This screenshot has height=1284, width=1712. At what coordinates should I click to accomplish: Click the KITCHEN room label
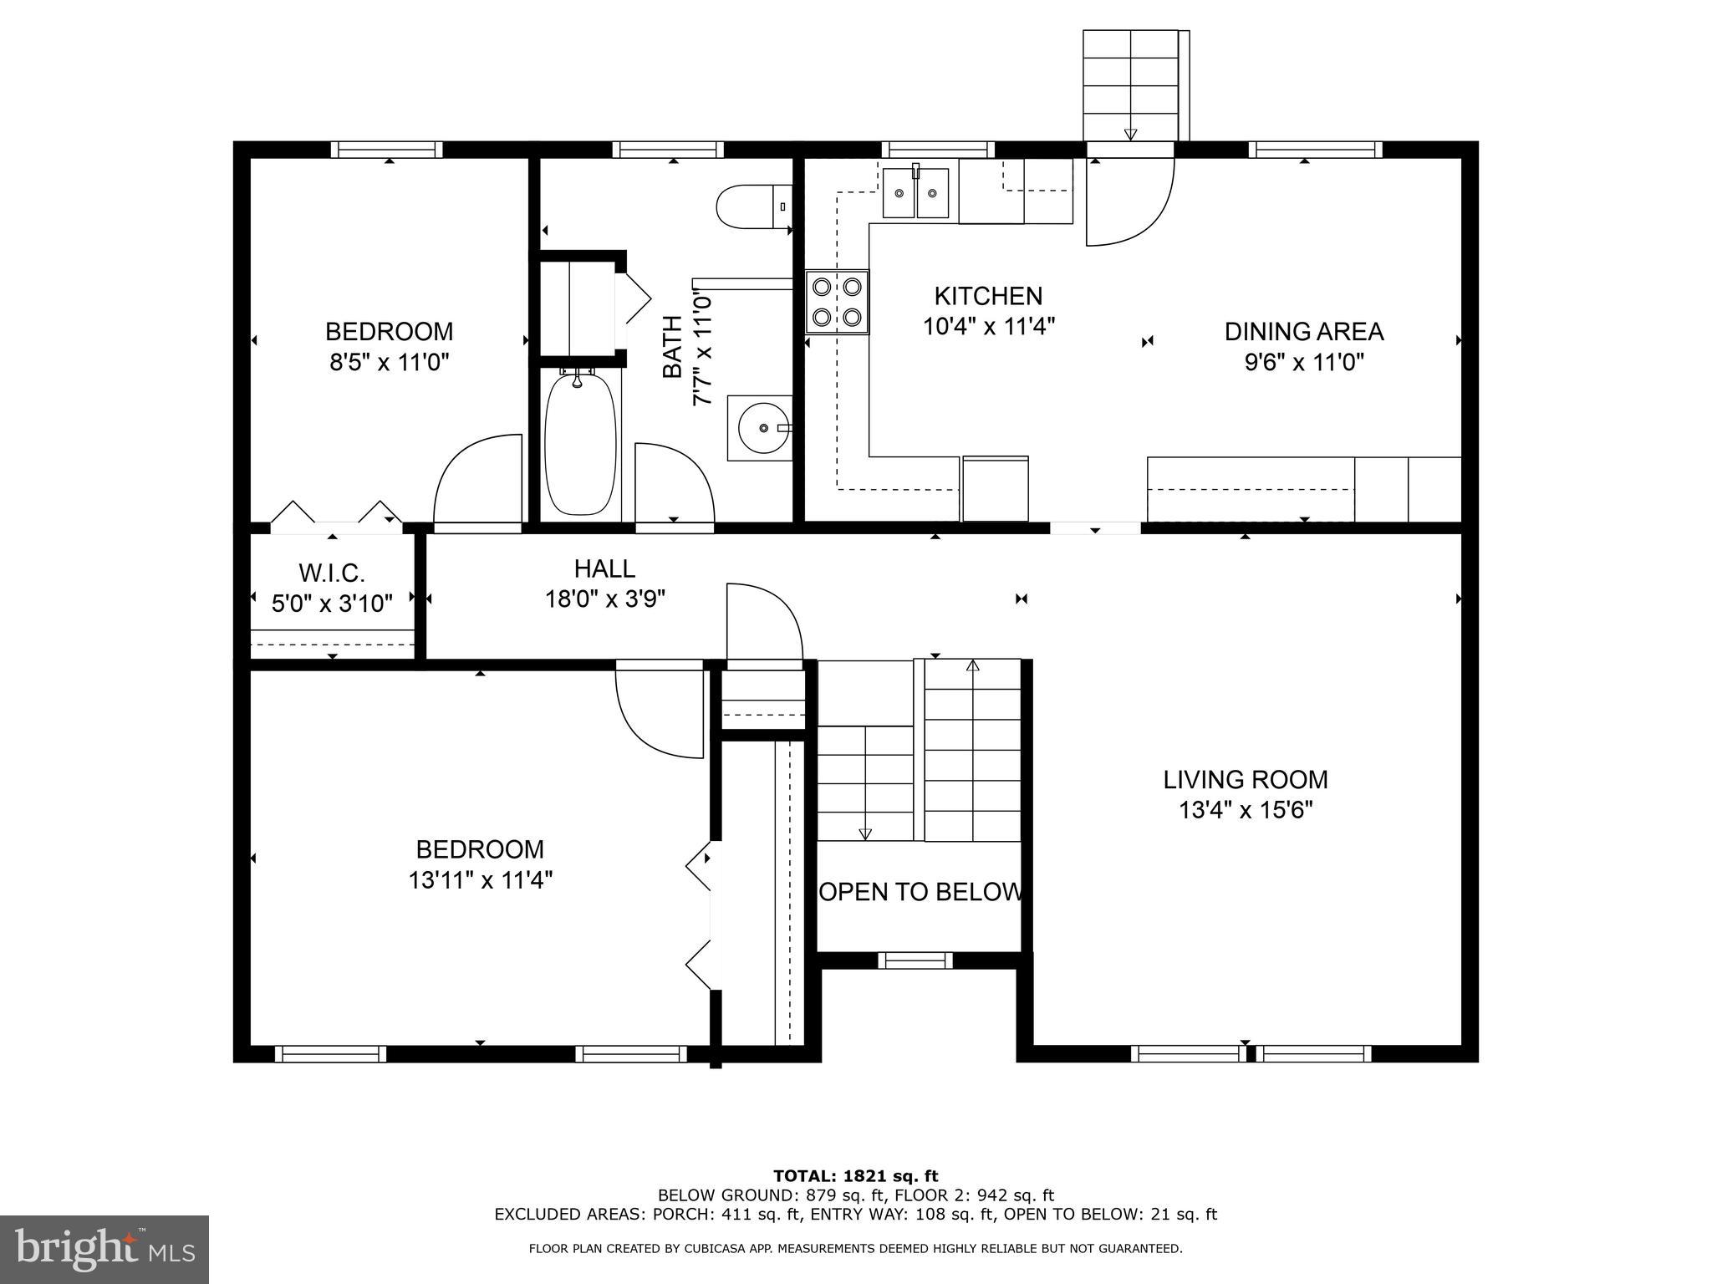(988, 296)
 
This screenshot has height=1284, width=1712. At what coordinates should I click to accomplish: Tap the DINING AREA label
(1303, 332)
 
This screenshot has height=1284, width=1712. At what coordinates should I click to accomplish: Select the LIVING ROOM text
(1245, 780)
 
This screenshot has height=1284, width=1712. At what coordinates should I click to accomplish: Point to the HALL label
(604, 569)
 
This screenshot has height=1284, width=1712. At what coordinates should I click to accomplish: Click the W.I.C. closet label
(332, 573)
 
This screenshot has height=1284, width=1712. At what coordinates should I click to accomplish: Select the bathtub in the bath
(580, 443)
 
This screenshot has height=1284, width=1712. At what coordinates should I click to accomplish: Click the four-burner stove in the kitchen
(837, 302)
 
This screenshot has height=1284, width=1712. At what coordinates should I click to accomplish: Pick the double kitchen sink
(916, 193)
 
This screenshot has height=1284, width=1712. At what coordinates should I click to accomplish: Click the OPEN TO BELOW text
(920, 892)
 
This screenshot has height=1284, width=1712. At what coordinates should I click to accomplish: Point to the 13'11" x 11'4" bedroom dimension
(480, 880)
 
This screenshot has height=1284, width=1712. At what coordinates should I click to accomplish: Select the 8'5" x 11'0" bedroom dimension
(389, 363)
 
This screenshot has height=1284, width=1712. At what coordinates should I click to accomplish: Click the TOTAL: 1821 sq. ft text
(855, 1176)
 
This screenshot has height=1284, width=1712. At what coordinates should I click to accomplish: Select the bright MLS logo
(104, 1249)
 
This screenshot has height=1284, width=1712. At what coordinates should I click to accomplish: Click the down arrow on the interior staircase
(865, 833)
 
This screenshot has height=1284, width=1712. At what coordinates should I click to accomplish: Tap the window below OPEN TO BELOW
(915, 960)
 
